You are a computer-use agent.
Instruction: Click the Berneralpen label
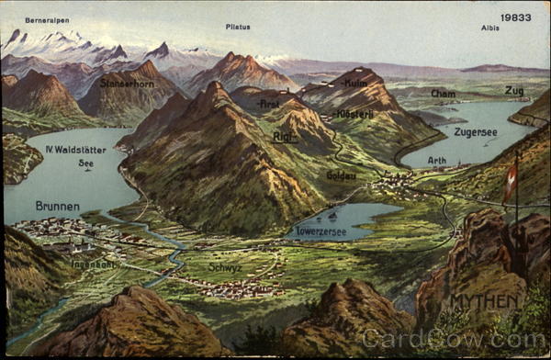click(x=47, y=20)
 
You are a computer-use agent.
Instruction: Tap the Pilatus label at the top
click(x=238, y=28)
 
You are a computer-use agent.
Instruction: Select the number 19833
click(x=515, y=17)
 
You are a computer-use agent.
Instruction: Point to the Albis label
click(x=490, y=28)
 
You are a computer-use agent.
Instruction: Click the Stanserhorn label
click(x=127, y=84)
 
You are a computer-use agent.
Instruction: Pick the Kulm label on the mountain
click(x=355, y=83)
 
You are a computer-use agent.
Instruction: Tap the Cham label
click(x=443, y=94)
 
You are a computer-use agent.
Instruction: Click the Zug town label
click(x=514, y=90)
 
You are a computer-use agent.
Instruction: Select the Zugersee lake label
click(x=475, y=132)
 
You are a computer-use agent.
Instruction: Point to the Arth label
click(x=437, y=161)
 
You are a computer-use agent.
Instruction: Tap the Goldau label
click(x=341, y=174)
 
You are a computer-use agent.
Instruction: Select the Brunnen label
click(x=57, y=207)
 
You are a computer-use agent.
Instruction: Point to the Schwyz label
click(x=225, y=267)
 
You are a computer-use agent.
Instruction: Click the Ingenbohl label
click(x=94, y=264)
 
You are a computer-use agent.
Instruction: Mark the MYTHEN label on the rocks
click(x=485, y=301)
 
